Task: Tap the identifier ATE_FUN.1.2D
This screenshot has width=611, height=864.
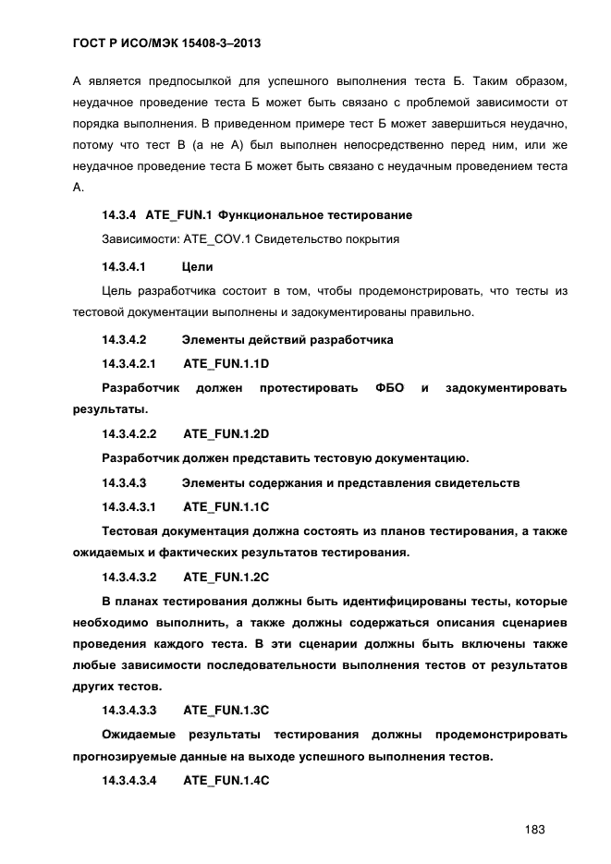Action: point(226,433)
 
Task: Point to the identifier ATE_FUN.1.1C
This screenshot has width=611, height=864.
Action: point(226,506)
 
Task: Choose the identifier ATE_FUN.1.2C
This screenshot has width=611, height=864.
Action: point(226,578)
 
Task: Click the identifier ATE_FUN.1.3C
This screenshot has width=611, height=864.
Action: point(226,710)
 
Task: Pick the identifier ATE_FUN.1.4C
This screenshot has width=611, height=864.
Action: point(226,781)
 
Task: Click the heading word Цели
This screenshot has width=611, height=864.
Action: point(198,267)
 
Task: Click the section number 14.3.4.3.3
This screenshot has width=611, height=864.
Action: point(129,710)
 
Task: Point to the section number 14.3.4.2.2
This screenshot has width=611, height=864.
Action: point(129,433)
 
